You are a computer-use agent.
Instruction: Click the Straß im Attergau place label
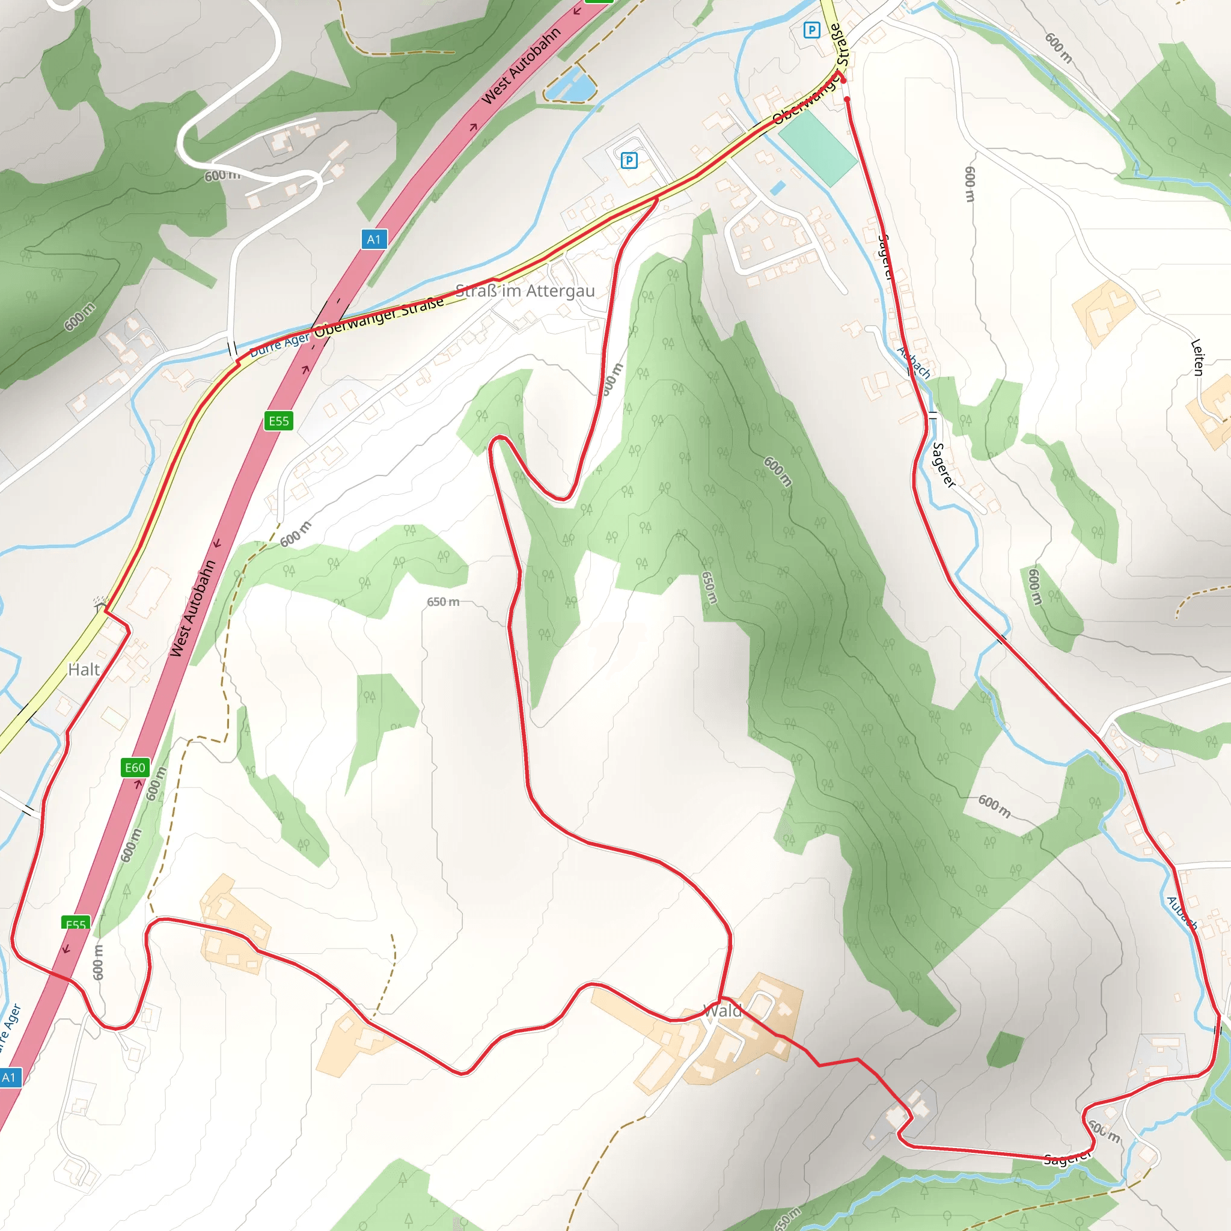525,291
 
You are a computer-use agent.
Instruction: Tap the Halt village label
84,670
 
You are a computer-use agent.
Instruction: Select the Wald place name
722,1011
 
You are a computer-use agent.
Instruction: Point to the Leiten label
1197,357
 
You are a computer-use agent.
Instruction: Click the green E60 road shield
135,768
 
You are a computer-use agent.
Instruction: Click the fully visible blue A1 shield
373,240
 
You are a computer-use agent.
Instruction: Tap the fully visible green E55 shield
278,421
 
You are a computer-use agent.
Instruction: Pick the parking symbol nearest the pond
629,160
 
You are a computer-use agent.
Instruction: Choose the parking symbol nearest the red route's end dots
811,30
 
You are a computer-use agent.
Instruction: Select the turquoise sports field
817,148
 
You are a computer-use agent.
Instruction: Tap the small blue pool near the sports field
777,188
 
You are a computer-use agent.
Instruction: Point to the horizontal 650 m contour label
443,602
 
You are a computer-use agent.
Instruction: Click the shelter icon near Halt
99,602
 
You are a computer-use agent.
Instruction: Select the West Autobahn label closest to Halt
192,608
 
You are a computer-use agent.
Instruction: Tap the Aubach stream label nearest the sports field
914,362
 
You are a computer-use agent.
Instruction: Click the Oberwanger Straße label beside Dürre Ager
379,316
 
